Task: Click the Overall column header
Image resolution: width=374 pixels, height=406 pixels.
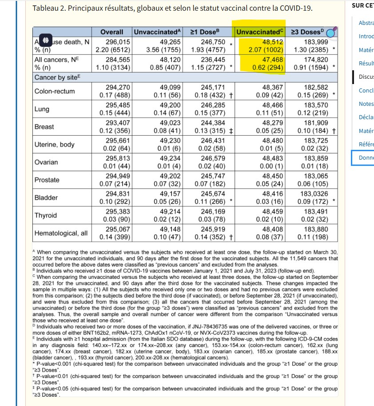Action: pyautogui.click(x=112, y=32)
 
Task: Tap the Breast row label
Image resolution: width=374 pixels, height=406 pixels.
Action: pyautogui.click(x=44, y=127)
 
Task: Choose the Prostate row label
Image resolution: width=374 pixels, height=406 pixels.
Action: pyautogui.click(x=47, y=180)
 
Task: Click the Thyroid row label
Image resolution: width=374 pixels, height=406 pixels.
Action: pyautogui.click(x=46, y=215)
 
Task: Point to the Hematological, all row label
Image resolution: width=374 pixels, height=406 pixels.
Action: pyautogui.click(x=61, y=233)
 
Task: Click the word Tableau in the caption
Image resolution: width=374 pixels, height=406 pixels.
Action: pyautogui.click(x=47, y=8)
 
